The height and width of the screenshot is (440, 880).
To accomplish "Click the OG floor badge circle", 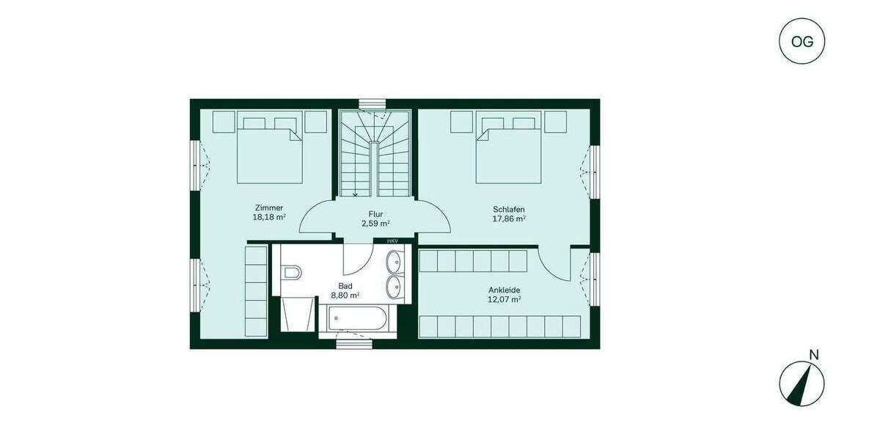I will [802, 41].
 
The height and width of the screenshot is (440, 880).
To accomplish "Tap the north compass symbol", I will [802, 382].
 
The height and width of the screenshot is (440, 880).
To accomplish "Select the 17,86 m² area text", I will [509, 218].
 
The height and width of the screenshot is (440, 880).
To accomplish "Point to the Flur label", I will [375, 213].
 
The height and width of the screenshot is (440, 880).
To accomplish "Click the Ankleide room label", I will [505, 290].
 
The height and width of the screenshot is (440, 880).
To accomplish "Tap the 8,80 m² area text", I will [344, 296].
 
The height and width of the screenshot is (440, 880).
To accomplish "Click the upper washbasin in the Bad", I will [395, 260].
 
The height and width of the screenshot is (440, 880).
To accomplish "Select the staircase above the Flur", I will [375, 154].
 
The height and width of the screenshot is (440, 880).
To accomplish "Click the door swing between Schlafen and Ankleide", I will [554, 263].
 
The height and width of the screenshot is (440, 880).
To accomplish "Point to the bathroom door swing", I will [359, 258].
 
